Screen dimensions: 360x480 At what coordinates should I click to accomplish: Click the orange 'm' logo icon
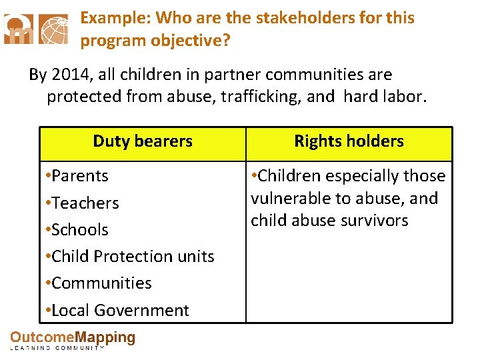click(x=19, y=29)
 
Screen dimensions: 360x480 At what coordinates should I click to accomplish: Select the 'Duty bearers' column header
click(x=143, y=141)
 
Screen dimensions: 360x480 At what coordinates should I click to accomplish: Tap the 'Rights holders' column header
click(x=349, y=141)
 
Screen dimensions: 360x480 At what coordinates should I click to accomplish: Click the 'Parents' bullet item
click(x=79, y=176)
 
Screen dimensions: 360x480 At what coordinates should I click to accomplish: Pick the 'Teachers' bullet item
click(x=84, y=203)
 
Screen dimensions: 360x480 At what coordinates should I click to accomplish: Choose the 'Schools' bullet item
click(x=79, y=229)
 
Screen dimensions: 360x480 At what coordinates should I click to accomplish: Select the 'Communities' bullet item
click(x=101, y=283)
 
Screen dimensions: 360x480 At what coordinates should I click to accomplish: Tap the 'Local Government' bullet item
click(x=119, y=310)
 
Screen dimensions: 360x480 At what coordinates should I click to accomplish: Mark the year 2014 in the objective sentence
click(x=67, y=75)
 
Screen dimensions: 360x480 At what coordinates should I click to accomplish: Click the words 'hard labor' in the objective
click(x=383, y=97)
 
